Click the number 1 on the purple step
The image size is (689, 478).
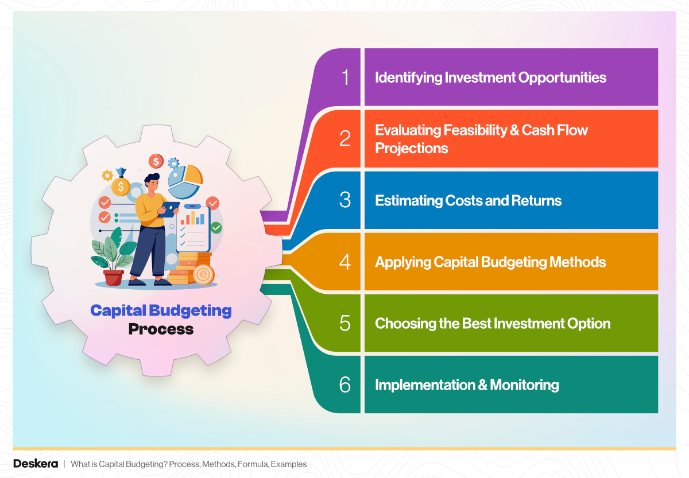tap(344, 77)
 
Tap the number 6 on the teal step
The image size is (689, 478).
tap(344, 384)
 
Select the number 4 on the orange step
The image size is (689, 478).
tap(344, 262)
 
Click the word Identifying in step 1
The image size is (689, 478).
tap(408, 77)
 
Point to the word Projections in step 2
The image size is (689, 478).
tap(411, 148)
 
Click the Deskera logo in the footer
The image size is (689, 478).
tap(36, 464)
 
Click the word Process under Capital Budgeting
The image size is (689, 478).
tap(161, 329)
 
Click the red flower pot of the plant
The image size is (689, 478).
tap(114, 278)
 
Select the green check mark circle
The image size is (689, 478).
tap(216, 228)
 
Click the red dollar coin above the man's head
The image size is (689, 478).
tap(156, 161)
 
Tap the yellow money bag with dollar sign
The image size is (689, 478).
tap(121, 185)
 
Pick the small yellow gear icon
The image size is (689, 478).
tap(107, 176)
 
